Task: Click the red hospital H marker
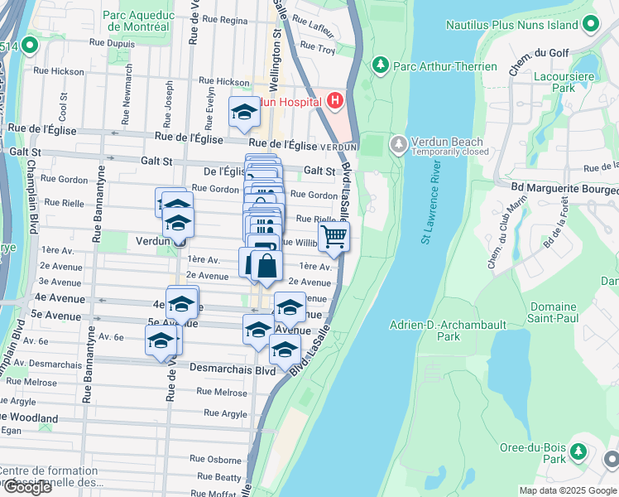coord(334,101)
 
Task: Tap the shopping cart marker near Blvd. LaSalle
coord(333,237)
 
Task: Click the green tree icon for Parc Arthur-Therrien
coord(381,64)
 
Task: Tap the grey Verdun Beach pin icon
coord(398,144)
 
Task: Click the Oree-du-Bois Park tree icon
coord(579,452)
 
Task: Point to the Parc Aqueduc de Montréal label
coord(135,21)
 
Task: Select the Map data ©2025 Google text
coord(567,490)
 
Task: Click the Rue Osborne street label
coord(215,458)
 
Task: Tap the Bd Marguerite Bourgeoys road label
coord(559,185)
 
